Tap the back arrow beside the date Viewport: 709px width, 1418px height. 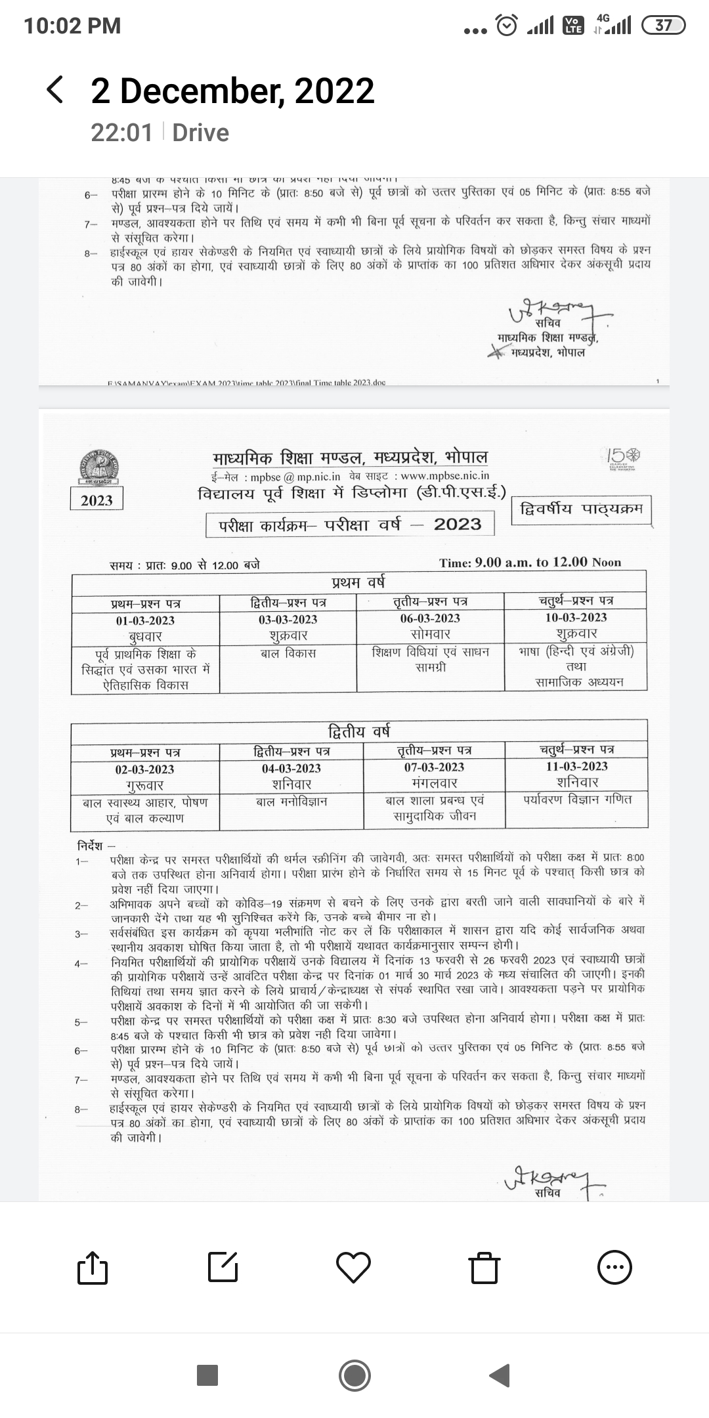[55, 90]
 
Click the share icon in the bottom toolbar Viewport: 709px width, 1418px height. [92, 1267]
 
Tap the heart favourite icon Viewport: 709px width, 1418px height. [354, 1267]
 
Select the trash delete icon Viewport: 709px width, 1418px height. [484, 1267]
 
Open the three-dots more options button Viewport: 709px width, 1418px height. [614, 1267]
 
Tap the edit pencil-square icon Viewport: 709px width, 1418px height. [223, 1267]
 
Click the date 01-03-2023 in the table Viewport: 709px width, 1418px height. [145, 620]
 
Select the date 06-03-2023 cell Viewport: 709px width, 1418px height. [430, 618]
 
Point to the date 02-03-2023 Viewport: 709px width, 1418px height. [144, 769]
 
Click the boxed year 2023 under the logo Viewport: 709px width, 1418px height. [97, 500]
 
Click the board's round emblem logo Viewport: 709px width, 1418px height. [97, 467]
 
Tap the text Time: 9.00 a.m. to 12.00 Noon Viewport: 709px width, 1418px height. [530, 563]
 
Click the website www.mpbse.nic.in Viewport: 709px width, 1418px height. [444, 475]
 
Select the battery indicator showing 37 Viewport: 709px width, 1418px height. [664, 26]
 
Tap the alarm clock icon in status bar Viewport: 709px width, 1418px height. [507, 26]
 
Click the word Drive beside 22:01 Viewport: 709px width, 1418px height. [200, 133]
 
